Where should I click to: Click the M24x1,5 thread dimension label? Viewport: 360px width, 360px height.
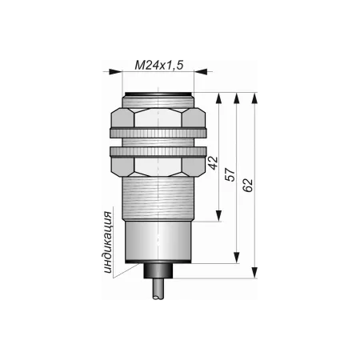pyautogui.click(x=159, y=66)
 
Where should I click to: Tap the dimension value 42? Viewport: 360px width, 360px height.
pyautogui.click(x=214, y=163)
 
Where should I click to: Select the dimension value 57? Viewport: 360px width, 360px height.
pyautogui.click(x=230, y=175)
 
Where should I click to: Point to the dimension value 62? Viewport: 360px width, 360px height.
pyautogui.click(x=248, y=185)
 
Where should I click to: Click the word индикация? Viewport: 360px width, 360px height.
pyautogui.click(x=108, y=242)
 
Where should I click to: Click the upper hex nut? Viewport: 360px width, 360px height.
pyautogui.click(x=158, y=118)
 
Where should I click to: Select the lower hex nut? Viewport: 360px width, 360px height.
pyautogui.click(x=158, y=166)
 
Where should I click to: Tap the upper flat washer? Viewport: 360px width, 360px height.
pyautogui.click(x=158, y=133)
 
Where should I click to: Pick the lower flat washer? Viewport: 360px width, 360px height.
pyautogui.click(x=158, y=151)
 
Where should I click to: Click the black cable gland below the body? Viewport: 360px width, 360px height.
pyautogui.click(x=158, y=271)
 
